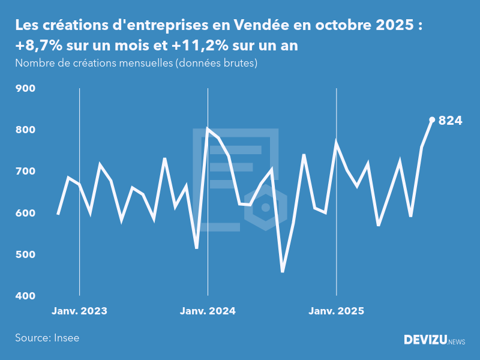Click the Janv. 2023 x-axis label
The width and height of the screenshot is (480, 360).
coord(79,311)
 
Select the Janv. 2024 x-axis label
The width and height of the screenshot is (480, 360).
coord(208,311)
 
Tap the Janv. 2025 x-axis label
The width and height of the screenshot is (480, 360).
coord(336,311)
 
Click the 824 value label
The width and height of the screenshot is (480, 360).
coord(451,121)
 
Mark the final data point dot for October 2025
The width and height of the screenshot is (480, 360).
coord(432,119)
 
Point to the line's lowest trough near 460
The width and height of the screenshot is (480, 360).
coord(283,272)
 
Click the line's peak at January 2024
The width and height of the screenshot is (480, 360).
coord(208,128)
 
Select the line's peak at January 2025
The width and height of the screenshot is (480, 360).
coord(336,142)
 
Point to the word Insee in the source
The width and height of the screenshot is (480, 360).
coord(66,338)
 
